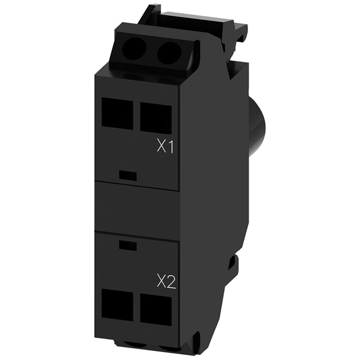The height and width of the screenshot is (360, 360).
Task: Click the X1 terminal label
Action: pos(165,147)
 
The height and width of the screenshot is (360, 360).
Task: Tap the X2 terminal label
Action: pos(165,280)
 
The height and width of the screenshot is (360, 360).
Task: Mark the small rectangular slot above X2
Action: pos(129,245)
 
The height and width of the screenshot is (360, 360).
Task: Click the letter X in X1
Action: pos(161,147)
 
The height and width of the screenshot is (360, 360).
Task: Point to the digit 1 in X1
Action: pos(170,147)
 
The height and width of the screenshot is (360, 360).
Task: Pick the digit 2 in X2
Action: pos(171,280)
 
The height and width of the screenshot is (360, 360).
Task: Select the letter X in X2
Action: pos(160,280)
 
